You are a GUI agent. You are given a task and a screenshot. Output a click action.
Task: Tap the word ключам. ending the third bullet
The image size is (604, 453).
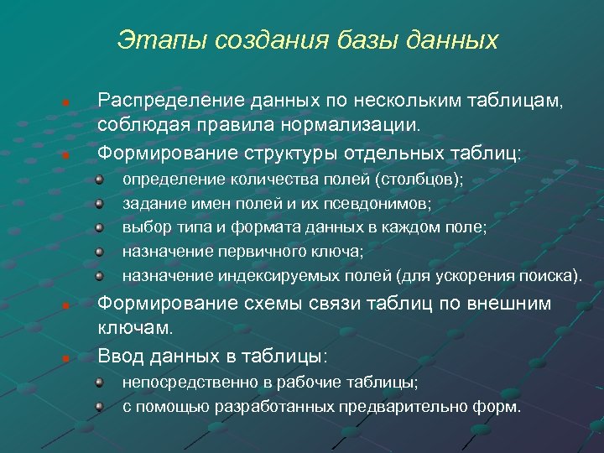coord(135,328)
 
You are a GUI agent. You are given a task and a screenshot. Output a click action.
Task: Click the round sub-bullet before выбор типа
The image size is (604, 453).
coord(99,227)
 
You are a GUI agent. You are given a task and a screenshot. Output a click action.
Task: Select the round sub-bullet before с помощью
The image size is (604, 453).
coord(99,407)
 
